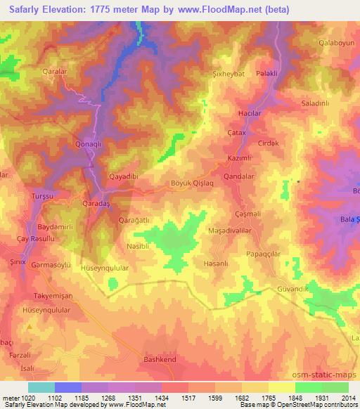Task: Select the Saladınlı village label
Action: [x=315, y=103]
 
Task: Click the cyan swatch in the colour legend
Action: [x=41, y=387]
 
